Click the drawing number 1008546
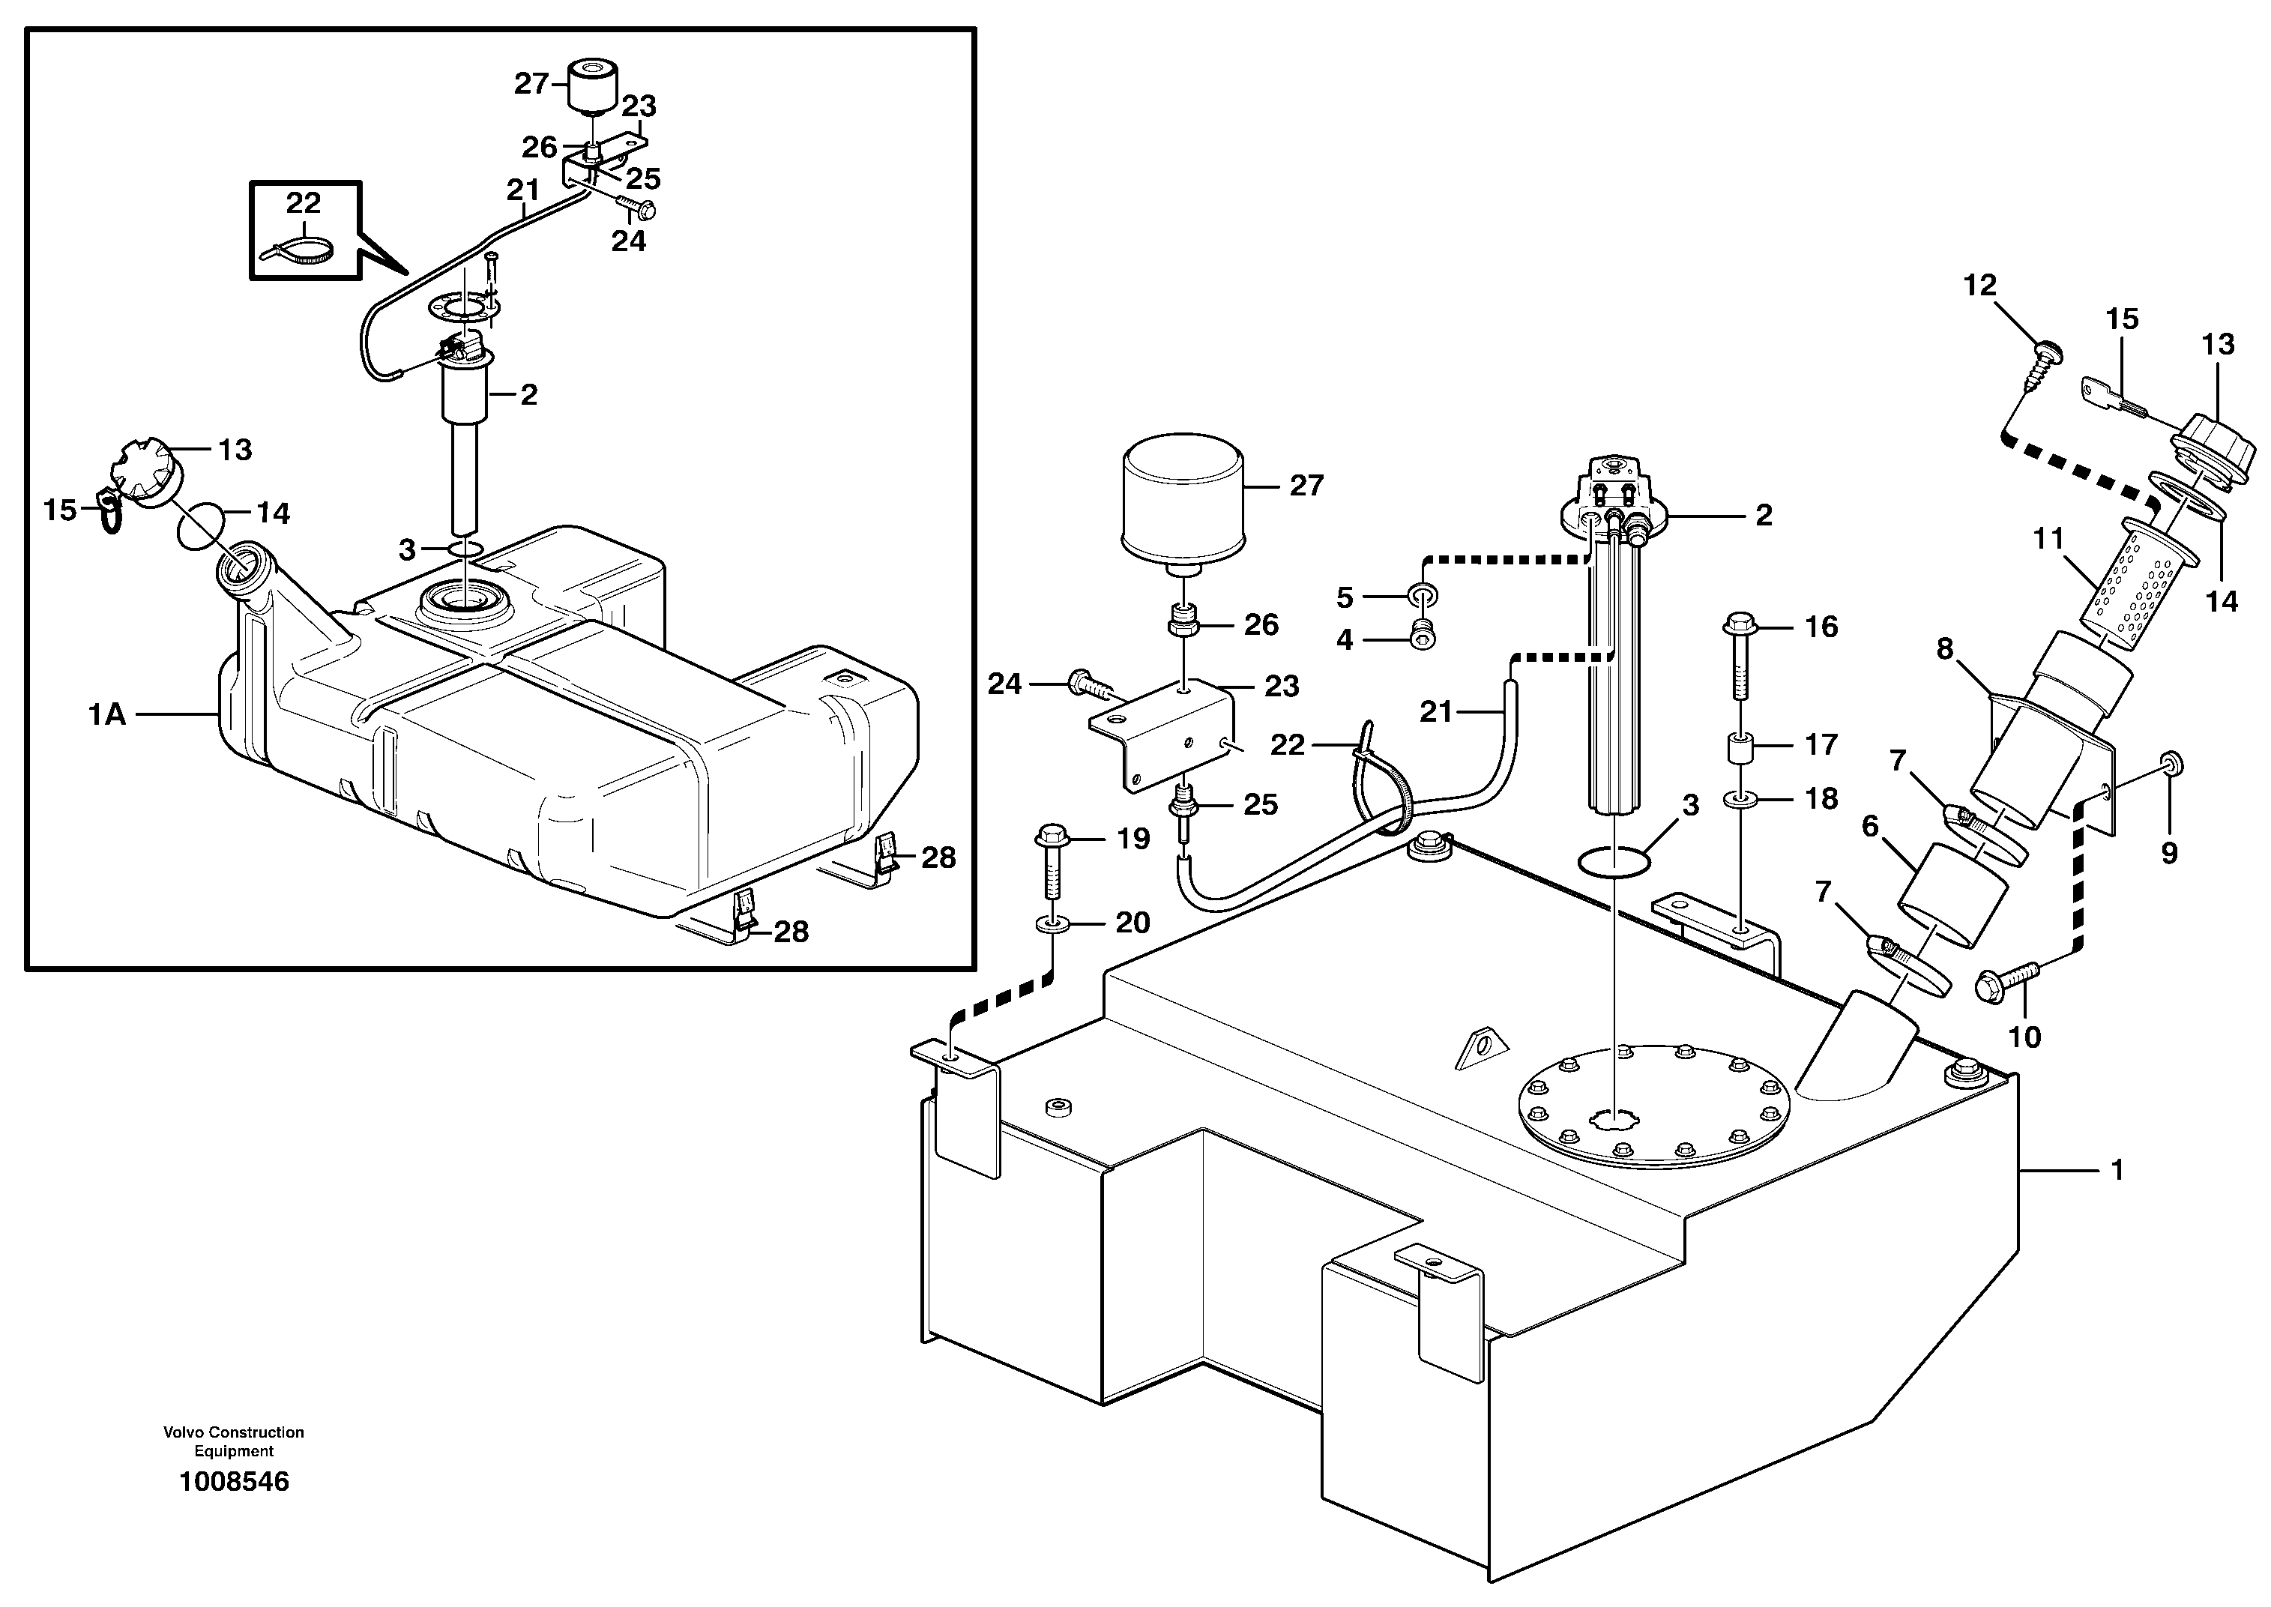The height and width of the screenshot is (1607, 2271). [x=234, y=1481]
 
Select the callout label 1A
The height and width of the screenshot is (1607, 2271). [x=107, y=714]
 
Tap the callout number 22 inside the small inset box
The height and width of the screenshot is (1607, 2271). [x=303, y=203]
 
